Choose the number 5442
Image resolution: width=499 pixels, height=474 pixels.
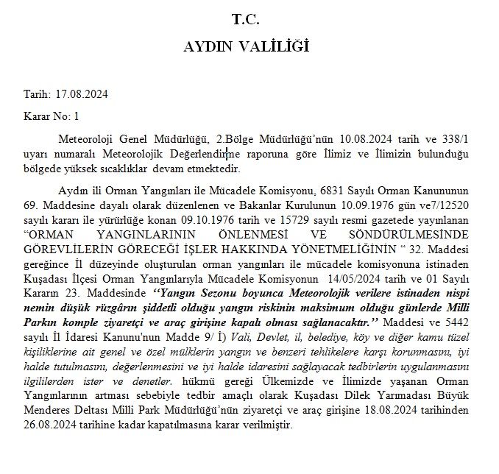click(455, 323)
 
